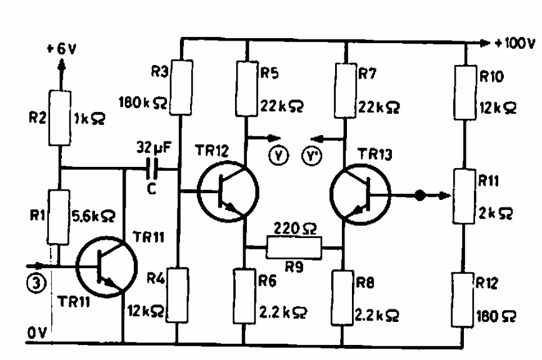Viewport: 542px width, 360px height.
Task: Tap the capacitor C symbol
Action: pyautogui.click(x=152, y=169)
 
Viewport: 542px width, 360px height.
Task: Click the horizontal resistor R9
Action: pyautogui.click(x=294, y=247)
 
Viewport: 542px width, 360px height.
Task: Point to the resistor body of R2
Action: pyautogui.click(x=60, y=117)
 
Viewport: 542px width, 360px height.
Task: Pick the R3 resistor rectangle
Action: pyautogui.click(x=181, y=87)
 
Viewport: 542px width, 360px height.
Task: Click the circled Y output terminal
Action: pyautogui.click(x=279, y=156)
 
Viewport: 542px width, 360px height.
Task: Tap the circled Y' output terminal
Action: pyautogui.click(x=312, y=156)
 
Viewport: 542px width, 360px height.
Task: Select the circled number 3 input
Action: pyautogui.click(x=36, y=283)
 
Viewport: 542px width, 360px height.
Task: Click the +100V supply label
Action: pyautogui.click(x=515, y=43)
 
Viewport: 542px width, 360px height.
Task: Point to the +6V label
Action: pyautogui.click(x=61, y=49)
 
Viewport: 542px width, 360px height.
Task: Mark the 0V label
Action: pyautogui.click(x=37, y=333)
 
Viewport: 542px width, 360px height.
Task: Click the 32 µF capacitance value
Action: pyautogui.click(x=154, y=147)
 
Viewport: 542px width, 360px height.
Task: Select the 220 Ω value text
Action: pyautogui.click(x=295, y=228)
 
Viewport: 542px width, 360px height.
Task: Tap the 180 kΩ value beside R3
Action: pyautogui.click(x=143, y=102)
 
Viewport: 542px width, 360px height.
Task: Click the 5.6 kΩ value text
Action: pyautogui.click(x=93, y=216)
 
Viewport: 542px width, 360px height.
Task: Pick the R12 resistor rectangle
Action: pyautogui.click(x=463, y=299)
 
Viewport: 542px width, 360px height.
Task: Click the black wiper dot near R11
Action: pyautogui.click(x=419, y=196)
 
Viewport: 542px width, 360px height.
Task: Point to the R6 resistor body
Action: pyautogui.click(x=244, y=296)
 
